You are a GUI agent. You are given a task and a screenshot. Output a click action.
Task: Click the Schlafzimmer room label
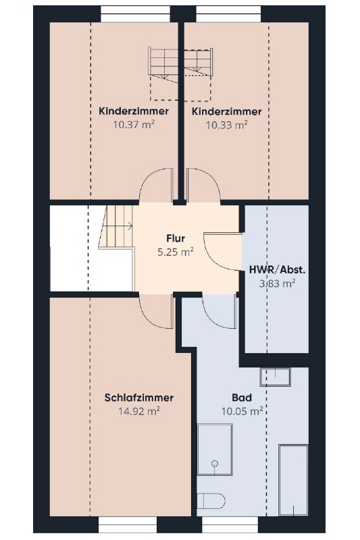tap(139, 398)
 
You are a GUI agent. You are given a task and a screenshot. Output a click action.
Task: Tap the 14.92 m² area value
tap(139, 411)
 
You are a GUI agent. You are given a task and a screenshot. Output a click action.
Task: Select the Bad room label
tap(242, 398)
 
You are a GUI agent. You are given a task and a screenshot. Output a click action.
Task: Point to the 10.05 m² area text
tap(242, 411)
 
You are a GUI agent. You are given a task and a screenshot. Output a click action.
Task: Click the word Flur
tap(176, 238)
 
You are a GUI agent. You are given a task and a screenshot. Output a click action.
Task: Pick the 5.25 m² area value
tap(176, 252)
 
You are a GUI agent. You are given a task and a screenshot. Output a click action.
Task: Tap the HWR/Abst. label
tap(278, 270)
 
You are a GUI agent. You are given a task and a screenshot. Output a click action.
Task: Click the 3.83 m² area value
tap(278, 283)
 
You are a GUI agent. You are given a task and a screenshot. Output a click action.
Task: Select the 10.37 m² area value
tap(134, 124)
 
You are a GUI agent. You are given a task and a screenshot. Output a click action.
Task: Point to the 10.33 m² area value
tap(227, 125)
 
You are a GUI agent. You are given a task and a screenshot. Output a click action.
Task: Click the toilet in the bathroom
tap(211, 501)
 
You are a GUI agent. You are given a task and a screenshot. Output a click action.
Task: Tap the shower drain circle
tap(215, 463)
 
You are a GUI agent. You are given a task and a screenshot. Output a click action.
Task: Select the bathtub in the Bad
tap(293, 481)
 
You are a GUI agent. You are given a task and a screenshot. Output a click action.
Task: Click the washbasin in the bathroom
tap(276, 377)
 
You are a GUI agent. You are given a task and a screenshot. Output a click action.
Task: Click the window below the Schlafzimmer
tap(128, 524)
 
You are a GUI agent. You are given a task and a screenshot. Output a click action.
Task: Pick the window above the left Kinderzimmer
tap(135, 13)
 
